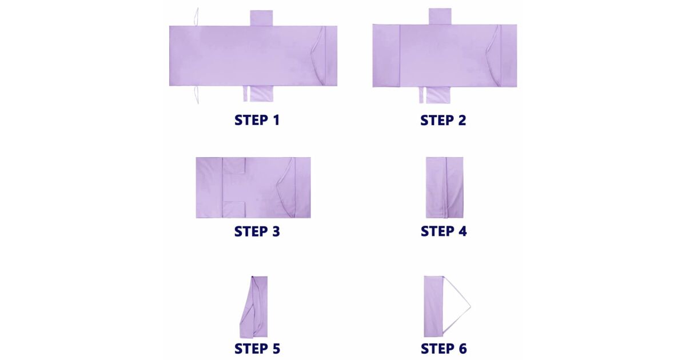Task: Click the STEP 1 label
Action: [x=257, y=120]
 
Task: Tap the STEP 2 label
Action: [x=443, y=121]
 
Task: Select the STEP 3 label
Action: [x=257, y=231]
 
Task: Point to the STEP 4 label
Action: [x=444, y=231]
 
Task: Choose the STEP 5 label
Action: [x=257, y=349]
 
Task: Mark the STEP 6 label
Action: [x=444, y=349]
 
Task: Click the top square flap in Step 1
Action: [x=261, y=18]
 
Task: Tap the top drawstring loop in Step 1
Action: [x=196, y=17]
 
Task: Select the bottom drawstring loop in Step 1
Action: [x=196, y=95]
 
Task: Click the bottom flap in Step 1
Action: [x=258, y=93]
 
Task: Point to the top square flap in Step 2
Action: [x=440, y=16]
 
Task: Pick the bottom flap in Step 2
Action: [x=434, y=95]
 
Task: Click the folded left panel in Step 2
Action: [x=386, y=56]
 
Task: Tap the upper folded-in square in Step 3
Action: [x=234, y=166]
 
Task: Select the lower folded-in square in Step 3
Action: [x=234, y=210]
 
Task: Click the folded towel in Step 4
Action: [x=444, y=187]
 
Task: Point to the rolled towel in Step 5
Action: [x=254, y=307]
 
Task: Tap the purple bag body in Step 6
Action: [x=433, y=306]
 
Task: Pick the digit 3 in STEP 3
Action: [x=276, y=231]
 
